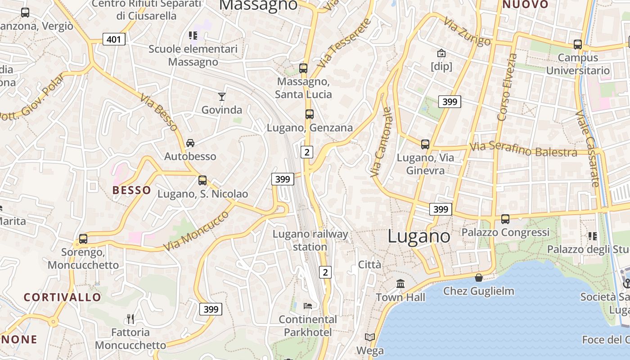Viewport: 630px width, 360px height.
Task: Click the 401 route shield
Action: [114, 39]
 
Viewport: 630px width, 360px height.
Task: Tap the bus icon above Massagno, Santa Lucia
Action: [303, 68]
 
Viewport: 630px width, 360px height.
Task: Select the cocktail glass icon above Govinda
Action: [221, 96]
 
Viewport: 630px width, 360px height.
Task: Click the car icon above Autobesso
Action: [190, 143]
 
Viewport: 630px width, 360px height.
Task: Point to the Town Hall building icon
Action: [400, 284]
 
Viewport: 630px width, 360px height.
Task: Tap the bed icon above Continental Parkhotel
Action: [308, 306]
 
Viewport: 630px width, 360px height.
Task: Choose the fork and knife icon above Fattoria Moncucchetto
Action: [130, 319]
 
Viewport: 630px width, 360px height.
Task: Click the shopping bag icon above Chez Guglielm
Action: [479, 278]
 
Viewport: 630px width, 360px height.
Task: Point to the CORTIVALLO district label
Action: [63, 297]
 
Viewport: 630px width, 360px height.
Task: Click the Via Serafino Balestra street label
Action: [523, 149]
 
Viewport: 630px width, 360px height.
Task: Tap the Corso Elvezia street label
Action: [507, 87]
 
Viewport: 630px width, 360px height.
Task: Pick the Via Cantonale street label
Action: [381, 142]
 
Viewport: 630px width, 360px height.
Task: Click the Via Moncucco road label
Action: [196, 231]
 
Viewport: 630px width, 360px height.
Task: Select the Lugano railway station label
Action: [310, 240]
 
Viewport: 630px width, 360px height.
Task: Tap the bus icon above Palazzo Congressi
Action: [505, 219]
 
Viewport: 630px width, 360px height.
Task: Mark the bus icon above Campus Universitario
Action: [578, 45]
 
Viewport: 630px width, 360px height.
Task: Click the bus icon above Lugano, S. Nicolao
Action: [202, 180]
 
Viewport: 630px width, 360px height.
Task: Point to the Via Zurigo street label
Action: [467, 31]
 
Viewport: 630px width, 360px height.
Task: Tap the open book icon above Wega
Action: [370, 337]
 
